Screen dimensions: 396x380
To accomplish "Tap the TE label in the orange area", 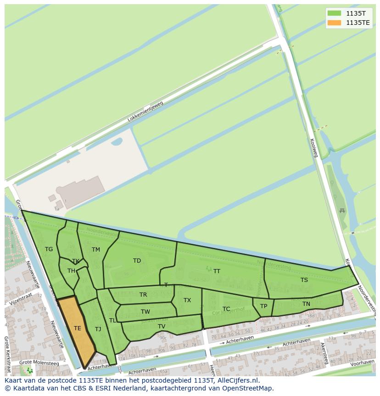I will pyautogui.click(x=78, y=328).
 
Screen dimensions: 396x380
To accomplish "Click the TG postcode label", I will pyautogui.click(x=49, y=249).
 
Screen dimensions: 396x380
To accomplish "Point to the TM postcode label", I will pyautogui.click(x=95, y=250).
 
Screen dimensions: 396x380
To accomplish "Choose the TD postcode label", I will pyautogui.click(x=137, y=261).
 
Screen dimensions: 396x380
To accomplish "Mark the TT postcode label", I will pyautogui.click(x=217, y=271).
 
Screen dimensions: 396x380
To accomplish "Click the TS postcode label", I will pyautogui.click(x=304, y=280).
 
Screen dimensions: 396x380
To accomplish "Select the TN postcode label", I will pyautogui.click(x=306, y=304).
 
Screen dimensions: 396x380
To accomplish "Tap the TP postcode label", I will pyautogui.click(x=263, y=306).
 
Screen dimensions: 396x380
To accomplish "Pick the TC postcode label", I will pyautogui.click(x=226, y=309).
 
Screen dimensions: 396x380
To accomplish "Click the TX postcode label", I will pyautogui.click(x=187, y=300).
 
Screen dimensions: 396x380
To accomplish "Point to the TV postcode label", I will pyautogui.click(x=162, y=327).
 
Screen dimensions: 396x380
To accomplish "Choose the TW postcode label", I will pyautogui.click(x=145, y=312).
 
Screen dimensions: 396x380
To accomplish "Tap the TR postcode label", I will pyautogui.click(x=143, y=295).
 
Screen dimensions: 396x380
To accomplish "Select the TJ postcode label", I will pyautogui.click(x=98, y=329).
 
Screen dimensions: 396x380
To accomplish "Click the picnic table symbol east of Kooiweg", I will pyautogui.click(x=341, y=211).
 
